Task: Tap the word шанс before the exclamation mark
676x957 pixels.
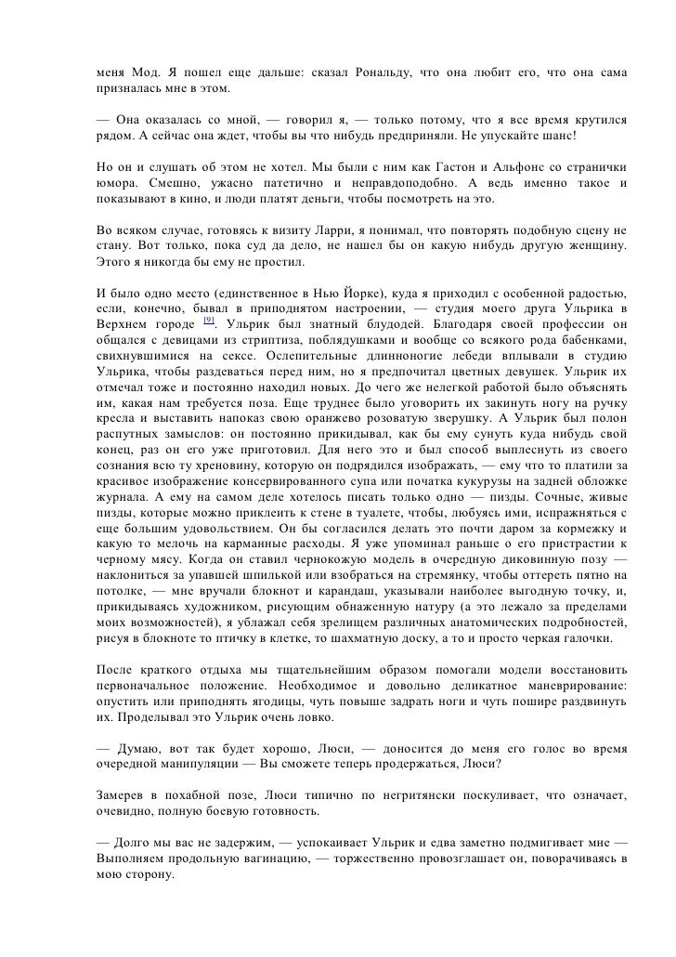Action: tap(552, 137)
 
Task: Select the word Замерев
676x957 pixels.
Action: tap(123, 800)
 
